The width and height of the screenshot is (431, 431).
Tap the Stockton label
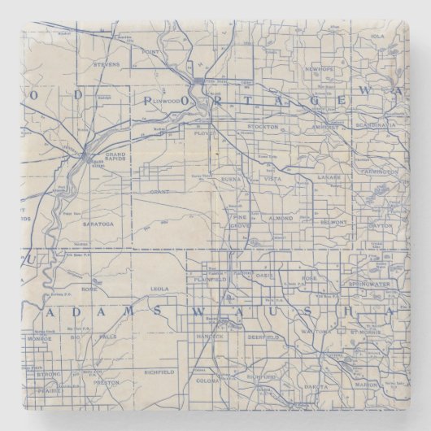266,127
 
